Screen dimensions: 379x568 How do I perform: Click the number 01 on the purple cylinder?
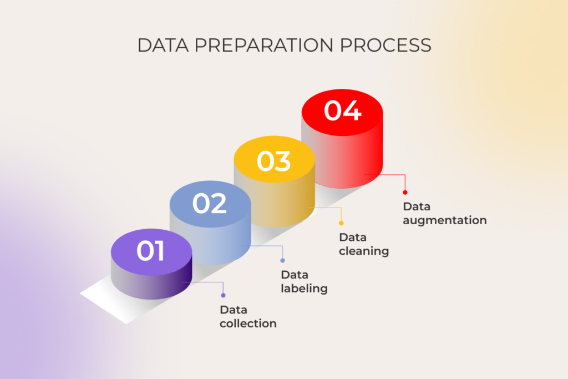tap(151, 251)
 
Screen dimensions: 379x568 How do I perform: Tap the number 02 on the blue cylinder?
tap(210, 204)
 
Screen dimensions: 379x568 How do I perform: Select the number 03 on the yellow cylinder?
tap(273, 161)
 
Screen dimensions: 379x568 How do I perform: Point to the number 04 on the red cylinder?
tap(342, 110)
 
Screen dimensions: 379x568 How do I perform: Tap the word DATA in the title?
tap(160, 46)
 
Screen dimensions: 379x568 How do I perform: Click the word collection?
tap(248, 324)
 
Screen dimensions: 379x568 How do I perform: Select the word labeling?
tap(304, 289)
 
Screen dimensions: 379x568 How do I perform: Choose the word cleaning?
tap(364, 251)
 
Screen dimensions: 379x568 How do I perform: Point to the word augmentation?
tap(445, 220)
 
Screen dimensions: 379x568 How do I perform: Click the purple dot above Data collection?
tap(223, 295)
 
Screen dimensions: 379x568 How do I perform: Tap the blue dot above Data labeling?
tap(282, 260)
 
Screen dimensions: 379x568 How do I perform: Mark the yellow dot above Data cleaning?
tap(341, 223)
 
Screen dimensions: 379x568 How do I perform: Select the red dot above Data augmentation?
tap(405, 193)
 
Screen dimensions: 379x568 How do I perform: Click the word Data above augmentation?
tap(417, 207)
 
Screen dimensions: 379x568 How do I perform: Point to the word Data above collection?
tap(234, 310)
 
